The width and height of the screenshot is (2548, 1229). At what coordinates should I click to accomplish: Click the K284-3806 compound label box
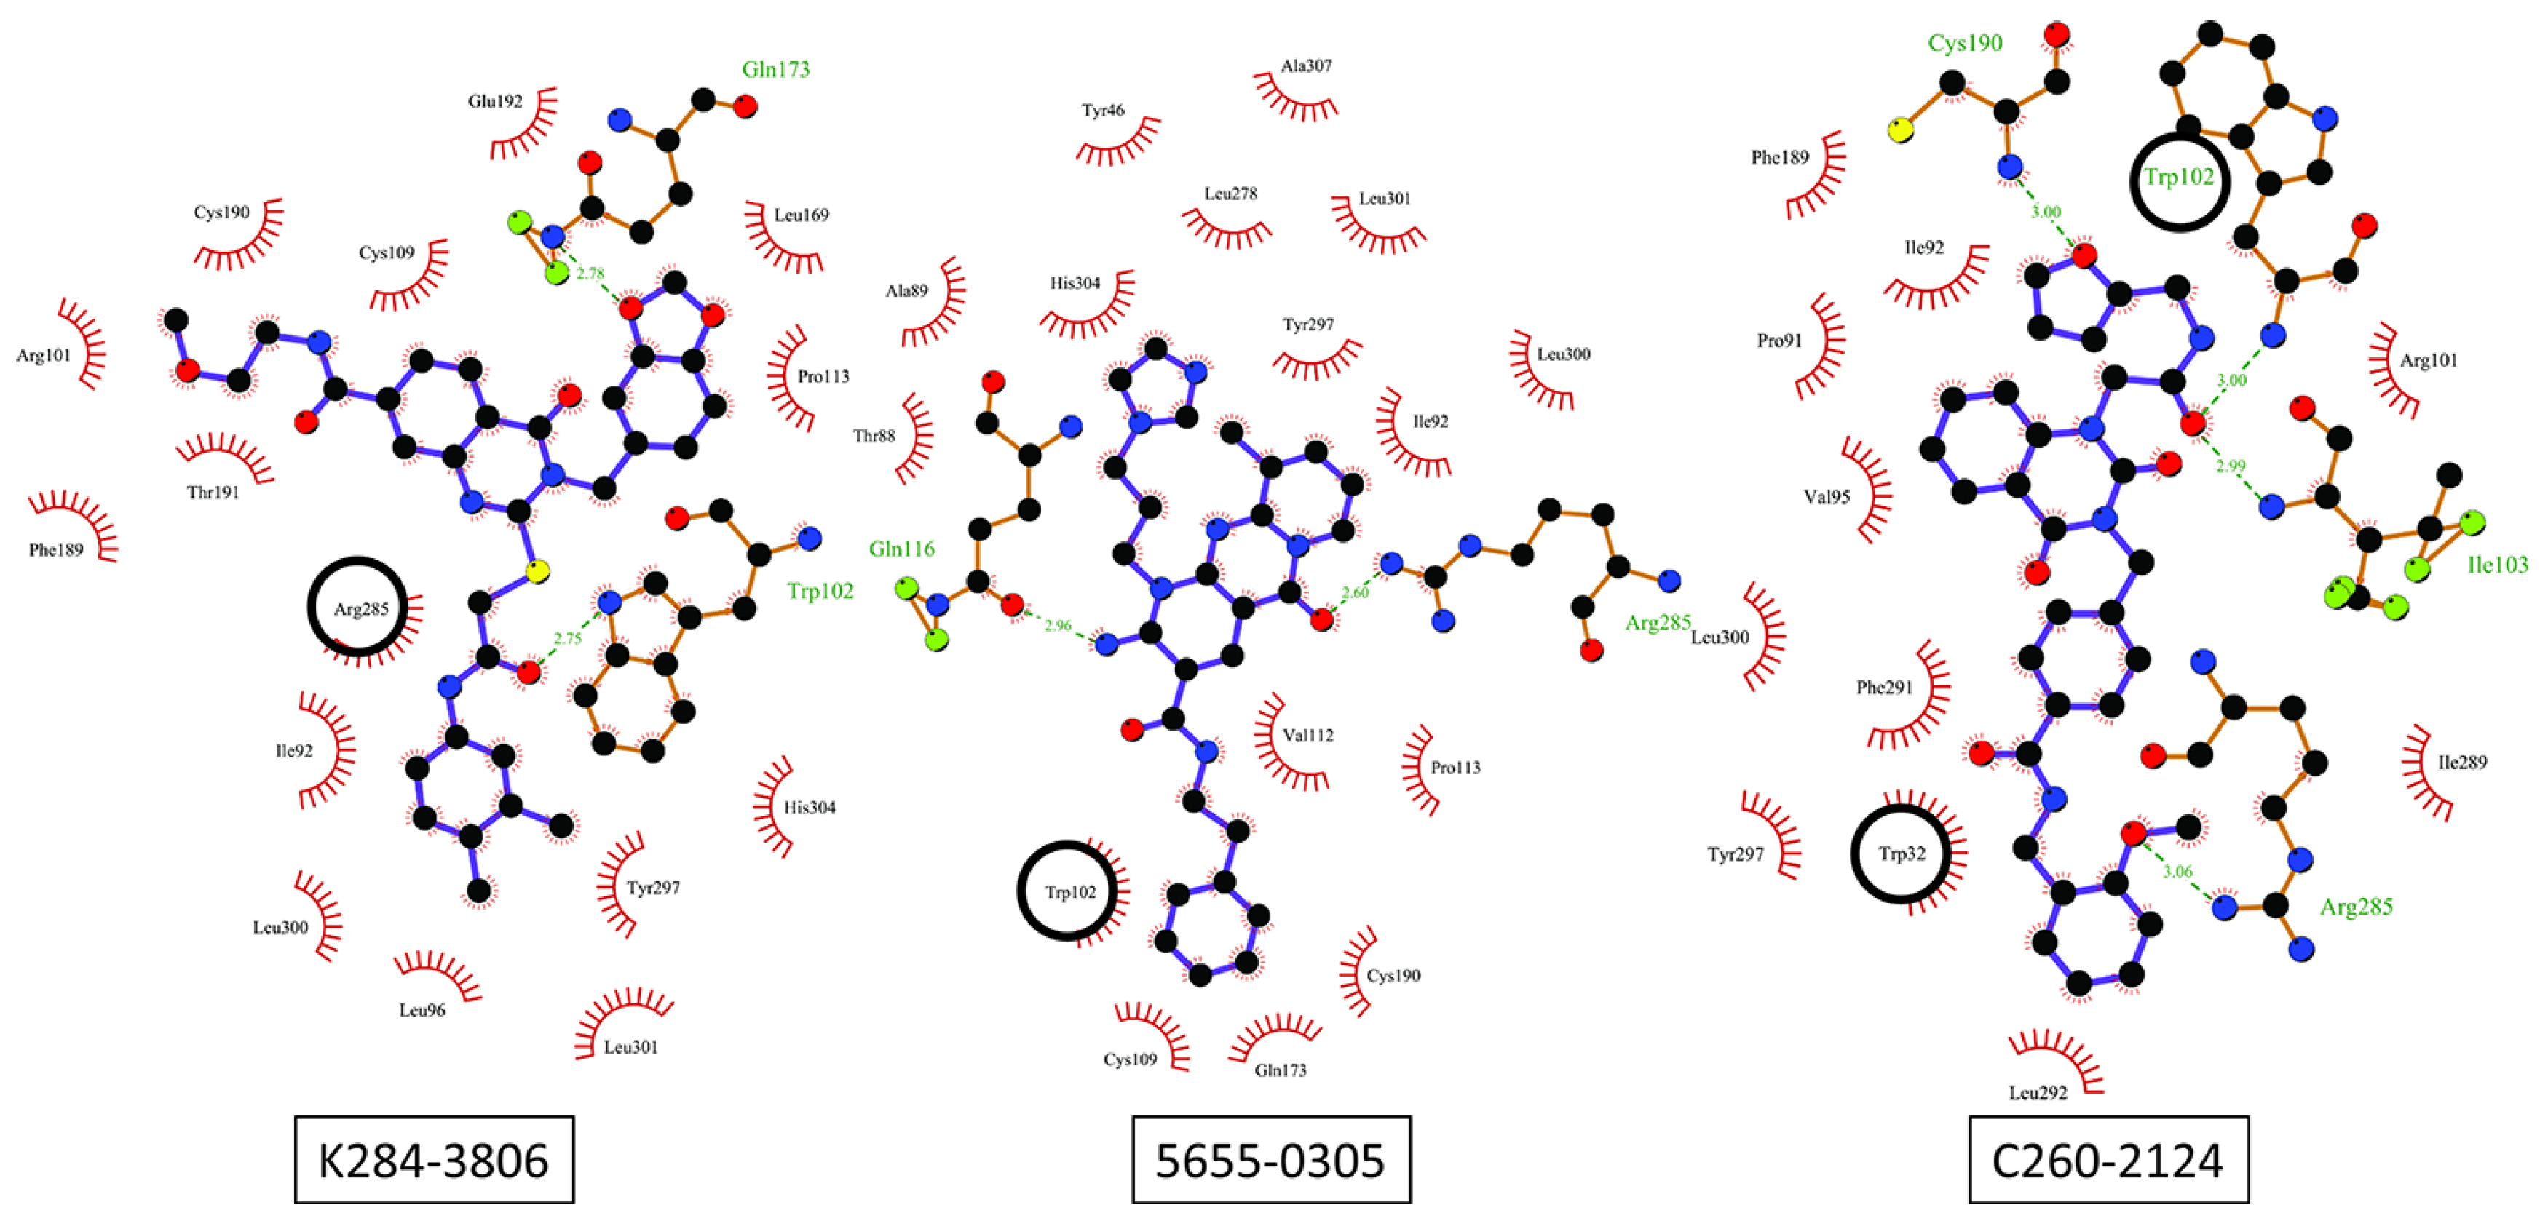[433, 1160]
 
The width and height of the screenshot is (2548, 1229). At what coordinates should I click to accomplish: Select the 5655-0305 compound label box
[1271, 1160]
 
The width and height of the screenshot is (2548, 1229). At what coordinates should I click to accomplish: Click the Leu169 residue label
[802, 215]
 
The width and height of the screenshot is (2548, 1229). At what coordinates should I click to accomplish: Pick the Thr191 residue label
[213, 491]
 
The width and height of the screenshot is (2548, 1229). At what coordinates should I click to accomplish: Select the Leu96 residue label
[422, 1009]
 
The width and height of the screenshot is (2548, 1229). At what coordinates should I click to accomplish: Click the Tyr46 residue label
[1102, 111]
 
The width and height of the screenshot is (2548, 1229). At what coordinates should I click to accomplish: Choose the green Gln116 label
[901, 549]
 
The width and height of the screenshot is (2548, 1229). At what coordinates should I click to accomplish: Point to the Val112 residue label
[1307, 735]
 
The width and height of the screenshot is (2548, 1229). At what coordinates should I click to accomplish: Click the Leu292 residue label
[2038, 1092]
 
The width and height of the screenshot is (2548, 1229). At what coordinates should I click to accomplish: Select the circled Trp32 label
[1901, 854]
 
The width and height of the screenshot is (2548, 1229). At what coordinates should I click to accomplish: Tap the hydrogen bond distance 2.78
[590, 274]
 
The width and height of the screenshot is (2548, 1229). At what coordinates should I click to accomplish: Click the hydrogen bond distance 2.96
[1057, 625]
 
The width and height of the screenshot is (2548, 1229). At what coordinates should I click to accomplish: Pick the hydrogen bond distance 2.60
[1354, 592]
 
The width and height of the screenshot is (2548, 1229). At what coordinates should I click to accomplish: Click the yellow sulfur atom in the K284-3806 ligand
[537, 570]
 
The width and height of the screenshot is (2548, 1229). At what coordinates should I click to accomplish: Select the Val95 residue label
[1826, 496]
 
